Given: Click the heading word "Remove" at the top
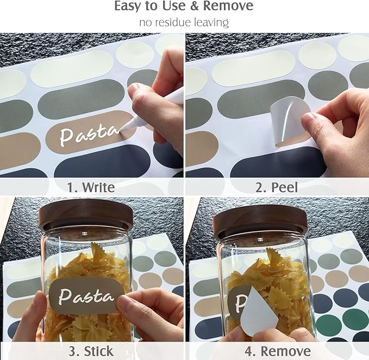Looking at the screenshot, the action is (228, 5).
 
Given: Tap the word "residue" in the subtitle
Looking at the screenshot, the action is (173, 23).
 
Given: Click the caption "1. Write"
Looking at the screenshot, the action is (91, 187).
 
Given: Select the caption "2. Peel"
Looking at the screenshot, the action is (277, 187).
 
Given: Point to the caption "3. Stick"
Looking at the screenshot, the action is (91, 351).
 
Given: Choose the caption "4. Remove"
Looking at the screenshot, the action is (278, 351).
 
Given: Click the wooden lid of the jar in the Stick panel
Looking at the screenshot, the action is (86, 213).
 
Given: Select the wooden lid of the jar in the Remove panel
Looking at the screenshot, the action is (260, 222).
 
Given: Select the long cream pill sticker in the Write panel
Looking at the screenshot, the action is (72, 68).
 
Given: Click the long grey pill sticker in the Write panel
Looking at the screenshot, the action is (82, 99).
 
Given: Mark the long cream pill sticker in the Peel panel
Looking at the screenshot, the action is (254, 68).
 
